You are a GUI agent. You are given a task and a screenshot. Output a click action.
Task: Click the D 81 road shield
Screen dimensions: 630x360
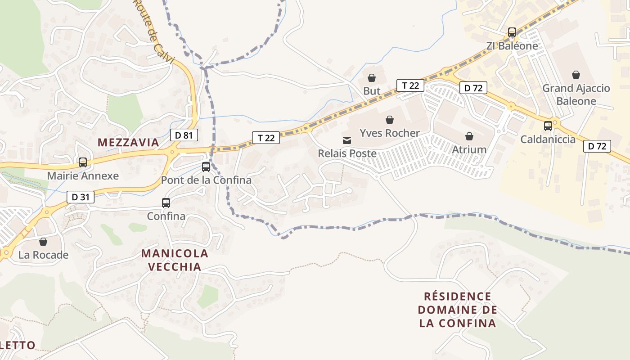point(184,135)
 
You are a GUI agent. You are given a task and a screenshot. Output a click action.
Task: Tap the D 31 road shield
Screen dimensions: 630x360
point(81,197)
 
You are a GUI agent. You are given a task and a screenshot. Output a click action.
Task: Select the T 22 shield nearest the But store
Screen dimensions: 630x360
point(410,85)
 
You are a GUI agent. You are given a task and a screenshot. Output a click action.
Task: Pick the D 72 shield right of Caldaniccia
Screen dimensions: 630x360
point(597,146)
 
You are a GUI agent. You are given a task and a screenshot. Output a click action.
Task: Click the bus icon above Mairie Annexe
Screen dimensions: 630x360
point(83,162)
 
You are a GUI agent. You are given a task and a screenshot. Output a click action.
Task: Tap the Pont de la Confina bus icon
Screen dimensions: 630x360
point(206,167)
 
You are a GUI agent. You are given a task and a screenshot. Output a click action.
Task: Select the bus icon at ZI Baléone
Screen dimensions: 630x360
point(512,32)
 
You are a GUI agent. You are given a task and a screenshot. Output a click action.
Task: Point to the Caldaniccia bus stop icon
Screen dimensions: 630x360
point(548,126)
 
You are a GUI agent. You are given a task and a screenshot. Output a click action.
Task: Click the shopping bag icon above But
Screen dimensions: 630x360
point(372,78)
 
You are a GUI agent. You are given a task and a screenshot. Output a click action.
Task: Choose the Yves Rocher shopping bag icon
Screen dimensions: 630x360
point(390,120)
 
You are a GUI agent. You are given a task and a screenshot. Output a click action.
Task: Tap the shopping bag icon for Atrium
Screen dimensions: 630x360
point(469,136)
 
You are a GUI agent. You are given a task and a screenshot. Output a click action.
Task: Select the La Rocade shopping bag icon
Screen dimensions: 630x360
point(43,242)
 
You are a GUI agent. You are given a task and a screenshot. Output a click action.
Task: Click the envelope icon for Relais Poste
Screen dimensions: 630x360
point(347,140)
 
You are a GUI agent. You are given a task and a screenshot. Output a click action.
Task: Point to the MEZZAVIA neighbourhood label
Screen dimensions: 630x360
point(128,143)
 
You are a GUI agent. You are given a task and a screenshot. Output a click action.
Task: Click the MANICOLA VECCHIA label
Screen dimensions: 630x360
point(175,260)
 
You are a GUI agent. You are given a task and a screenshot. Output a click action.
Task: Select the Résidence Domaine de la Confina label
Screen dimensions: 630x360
point(458,310)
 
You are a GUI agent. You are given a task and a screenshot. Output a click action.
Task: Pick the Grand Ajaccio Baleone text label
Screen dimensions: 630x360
point(576,94)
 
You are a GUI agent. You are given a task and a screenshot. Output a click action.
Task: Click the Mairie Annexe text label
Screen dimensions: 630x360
point(83,176)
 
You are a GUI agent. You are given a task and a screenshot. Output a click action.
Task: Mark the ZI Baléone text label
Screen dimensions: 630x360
point(512,46)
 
